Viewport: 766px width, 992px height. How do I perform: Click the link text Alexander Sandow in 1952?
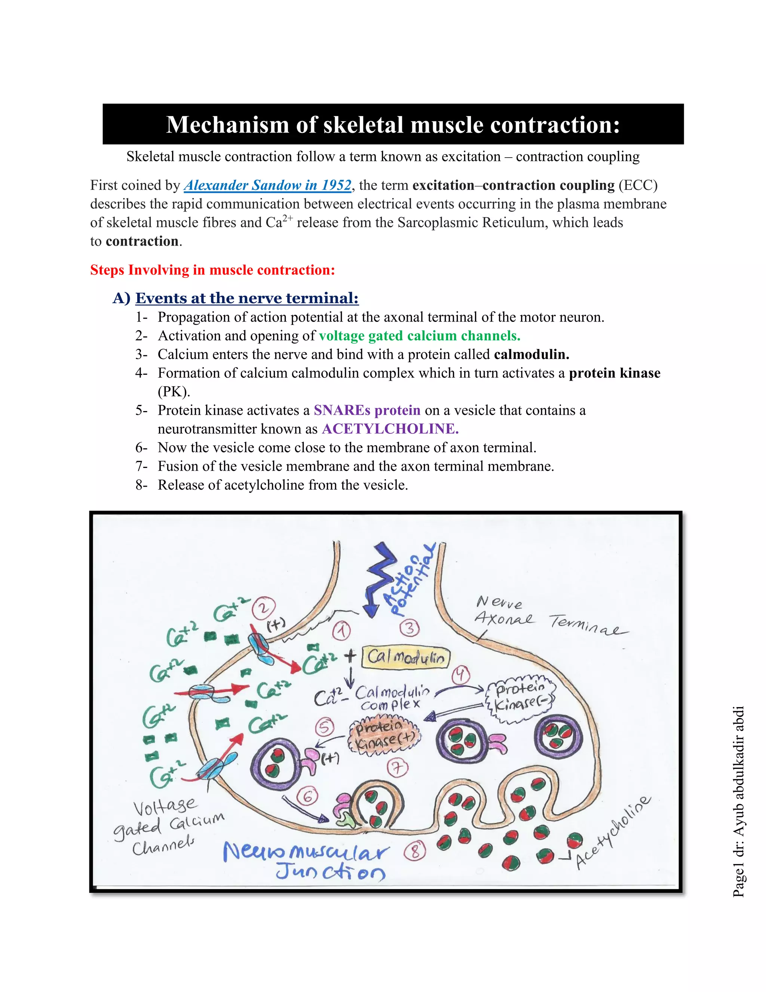pos(268,185)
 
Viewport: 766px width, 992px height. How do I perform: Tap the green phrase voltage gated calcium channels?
pos(419,336)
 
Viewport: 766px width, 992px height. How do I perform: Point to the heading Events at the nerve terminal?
pos(246,298)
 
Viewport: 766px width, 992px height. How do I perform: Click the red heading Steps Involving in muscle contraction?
pos(212,270)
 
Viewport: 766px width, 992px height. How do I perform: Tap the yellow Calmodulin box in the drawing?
pos(406,657)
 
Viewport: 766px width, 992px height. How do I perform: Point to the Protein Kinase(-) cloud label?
pos(521,698)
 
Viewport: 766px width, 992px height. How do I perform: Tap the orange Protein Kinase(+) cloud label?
pos(384,736)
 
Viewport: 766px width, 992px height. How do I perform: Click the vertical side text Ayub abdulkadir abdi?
pos(738,781)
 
